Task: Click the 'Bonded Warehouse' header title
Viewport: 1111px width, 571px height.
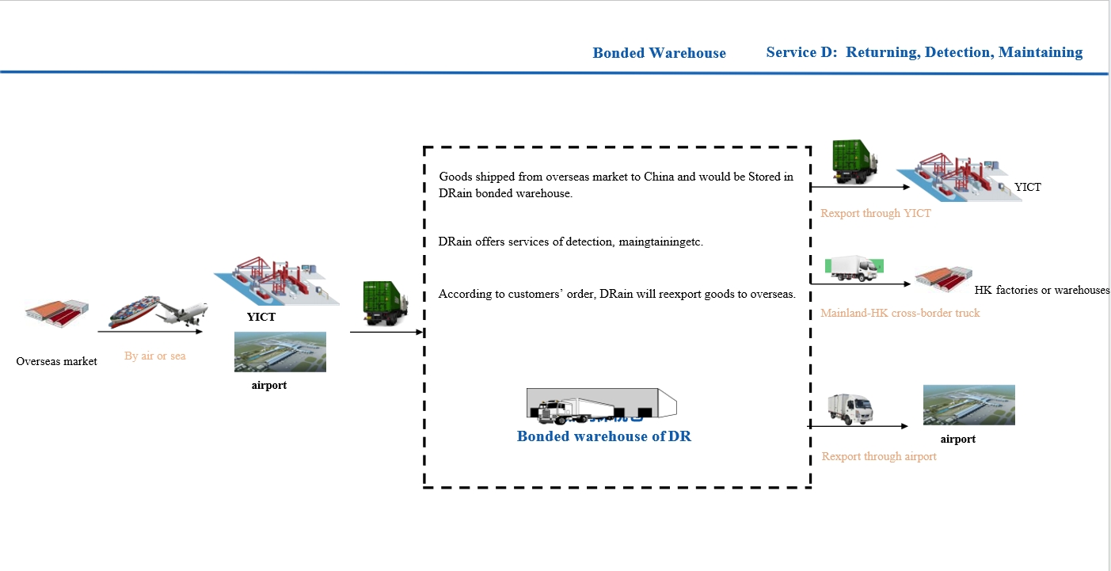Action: [x=659, y=53]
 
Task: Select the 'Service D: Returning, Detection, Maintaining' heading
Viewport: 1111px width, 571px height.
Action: [x=924, y=52]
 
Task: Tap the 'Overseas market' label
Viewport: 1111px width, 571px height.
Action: [x=56, y=361]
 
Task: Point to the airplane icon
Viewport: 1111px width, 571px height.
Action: [x=181, y=314]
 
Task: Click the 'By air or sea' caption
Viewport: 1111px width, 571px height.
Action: [x=155, y=356]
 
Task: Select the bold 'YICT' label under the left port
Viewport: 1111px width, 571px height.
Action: [x=261, y=317]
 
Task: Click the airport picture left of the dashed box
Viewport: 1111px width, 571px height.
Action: [x=280, y=352]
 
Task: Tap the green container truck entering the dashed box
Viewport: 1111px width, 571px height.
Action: [x=384, y=303]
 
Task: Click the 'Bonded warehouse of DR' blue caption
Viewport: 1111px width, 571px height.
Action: [x=603, y=436]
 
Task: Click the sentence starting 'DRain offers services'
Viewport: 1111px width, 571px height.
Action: [x=570, y=242]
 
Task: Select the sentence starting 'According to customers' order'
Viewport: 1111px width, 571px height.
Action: [x=617, y=294]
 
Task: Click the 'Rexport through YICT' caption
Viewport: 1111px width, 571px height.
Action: [x=875, y=213]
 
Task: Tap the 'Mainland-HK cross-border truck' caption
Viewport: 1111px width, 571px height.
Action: [x=900, y=313]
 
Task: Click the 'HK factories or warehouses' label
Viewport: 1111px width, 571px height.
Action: [x=1041, y=290]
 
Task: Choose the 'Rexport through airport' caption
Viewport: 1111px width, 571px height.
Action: [x=879, y=456]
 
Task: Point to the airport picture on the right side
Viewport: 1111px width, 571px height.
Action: [x=968, y=405]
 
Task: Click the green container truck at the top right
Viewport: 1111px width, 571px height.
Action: [x=854, y=162]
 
